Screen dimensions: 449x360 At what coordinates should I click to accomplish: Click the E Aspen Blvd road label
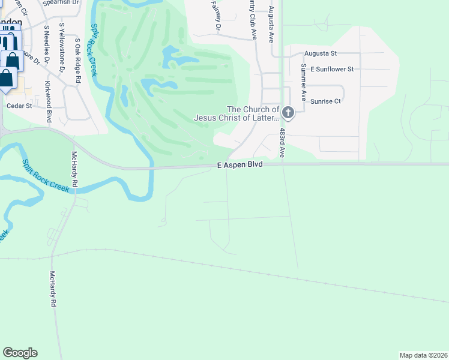240,164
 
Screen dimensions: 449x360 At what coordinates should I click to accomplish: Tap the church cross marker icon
288,112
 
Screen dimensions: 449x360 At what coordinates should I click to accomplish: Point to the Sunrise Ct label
325,101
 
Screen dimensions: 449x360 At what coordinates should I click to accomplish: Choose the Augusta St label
321,53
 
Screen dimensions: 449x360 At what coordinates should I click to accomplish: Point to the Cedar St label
18,106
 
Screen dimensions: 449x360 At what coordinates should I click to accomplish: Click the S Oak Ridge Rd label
77,58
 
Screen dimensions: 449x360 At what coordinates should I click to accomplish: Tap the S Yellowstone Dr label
62,48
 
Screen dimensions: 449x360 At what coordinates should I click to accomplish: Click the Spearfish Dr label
62,3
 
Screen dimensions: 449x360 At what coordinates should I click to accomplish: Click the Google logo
20,353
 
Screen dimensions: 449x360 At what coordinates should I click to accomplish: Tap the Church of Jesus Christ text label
237,113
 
